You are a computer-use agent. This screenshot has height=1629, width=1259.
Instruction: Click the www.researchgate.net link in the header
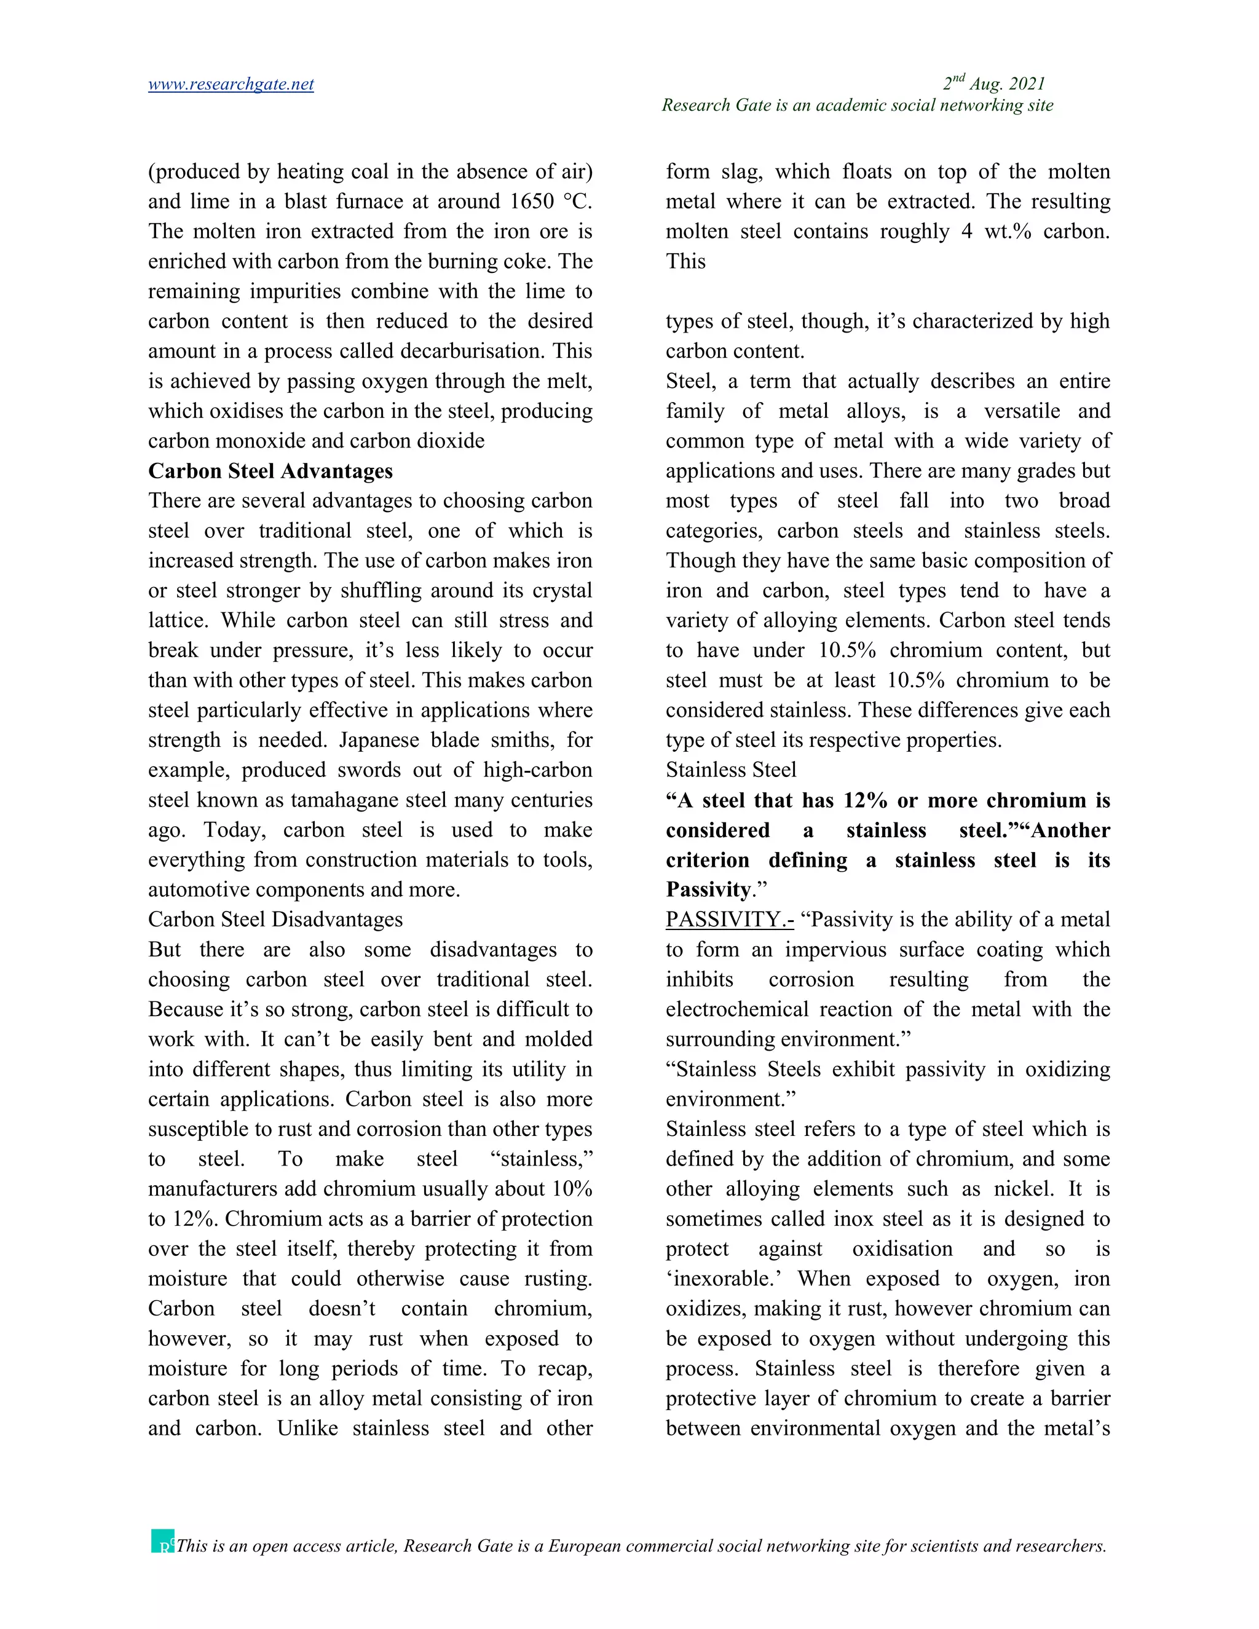(231, 84)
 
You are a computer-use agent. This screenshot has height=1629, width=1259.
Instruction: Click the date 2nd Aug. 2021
(993, 84)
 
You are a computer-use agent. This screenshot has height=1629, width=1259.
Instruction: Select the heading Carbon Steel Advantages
(270, 471)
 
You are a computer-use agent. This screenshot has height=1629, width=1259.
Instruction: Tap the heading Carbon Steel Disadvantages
(275, 919)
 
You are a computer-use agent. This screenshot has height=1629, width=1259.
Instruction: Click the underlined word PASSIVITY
(728, 919)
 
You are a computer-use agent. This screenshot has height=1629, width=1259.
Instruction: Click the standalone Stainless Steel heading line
(730, 770)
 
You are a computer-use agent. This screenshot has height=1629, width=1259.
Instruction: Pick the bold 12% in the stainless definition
(864, 800)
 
